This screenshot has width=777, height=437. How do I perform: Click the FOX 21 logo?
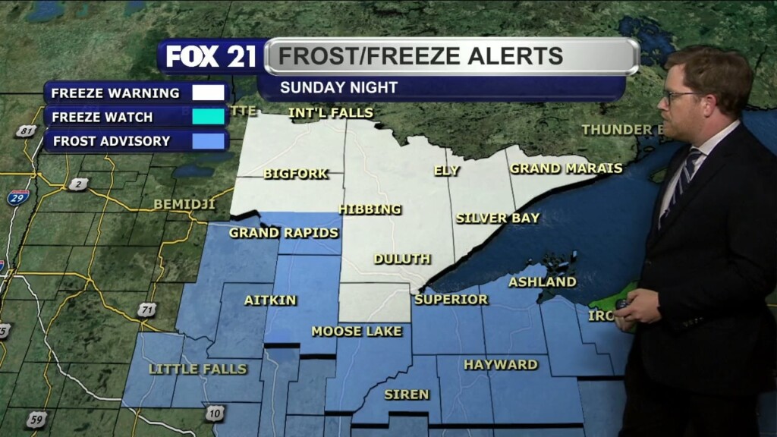[211, 57]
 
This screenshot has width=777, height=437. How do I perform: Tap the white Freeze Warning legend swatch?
[209, 93]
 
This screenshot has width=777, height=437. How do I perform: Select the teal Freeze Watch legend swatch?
[209, 117]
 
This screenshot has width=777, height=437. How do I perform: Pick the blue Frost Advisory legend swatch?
[209, 141]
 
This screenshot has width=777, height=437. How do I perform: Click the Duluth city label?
[402, 259]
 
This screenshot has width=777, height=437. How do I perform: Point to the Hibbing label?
[370, 209]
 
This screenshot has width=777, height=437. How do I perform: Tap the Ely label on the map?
[446, 171]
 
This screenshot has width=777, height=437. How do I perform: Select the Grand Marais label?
[566, 168]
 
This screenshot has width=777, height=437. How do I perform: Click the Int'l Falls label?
[331, 113]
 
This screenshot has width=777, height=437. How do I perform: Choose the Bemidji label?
[184, 205]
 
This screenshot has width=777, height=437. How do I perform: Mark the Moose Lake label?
[357, 332]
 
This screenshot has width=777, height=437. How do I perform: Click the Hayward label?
[501, 365]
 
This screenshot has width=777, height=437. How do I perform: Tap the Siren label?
[407, 395]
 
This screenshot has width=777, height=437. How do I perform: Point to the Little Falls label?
[198, 369]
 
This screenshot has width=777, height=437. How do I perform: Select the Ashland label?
[543, 282]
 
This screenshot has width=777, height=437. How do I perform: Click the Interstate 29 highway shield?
[18, 197]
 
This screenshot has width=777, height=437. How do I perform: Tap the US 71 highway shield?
[147, 310]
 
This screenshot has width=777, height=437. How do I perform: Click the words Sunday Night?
[338, 87]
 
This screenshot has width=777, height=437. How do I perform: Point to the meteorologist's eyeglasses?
[680, 97]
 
